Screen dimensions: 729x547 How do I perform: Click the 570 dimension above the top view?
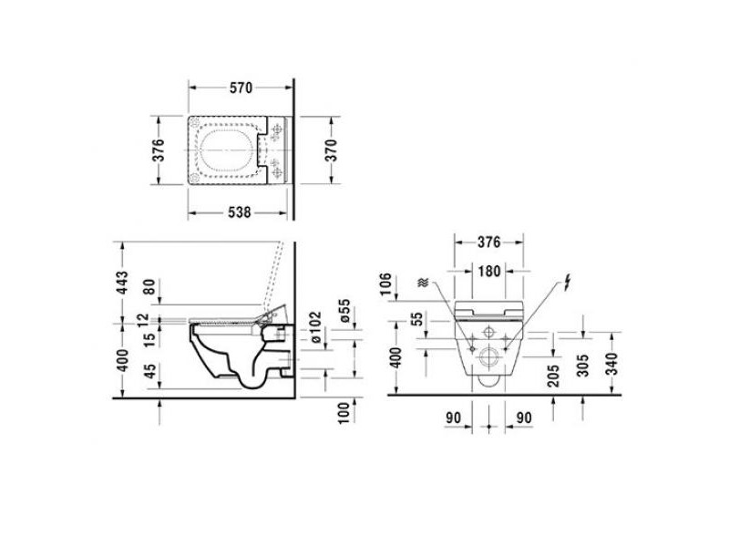(241, 88)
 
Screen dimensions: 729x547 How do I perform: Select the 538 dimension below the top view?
(240, 212)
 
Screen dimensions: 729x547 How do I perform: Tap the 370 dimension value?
(331, 150)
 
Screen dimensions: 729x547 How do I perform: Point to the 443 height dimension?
(121, 283)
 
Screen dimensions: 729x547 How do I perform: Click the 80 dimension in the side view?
(149, 286)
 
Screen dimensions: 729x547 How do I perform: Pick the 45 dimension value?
(149, 372)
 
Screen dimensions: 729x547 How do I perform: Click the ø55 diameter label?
(344, 310)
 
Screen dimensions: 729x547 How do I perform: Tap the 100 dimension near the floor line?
(344, 413)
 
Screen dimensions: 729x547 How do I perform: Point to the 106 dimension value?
(385, 284)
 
